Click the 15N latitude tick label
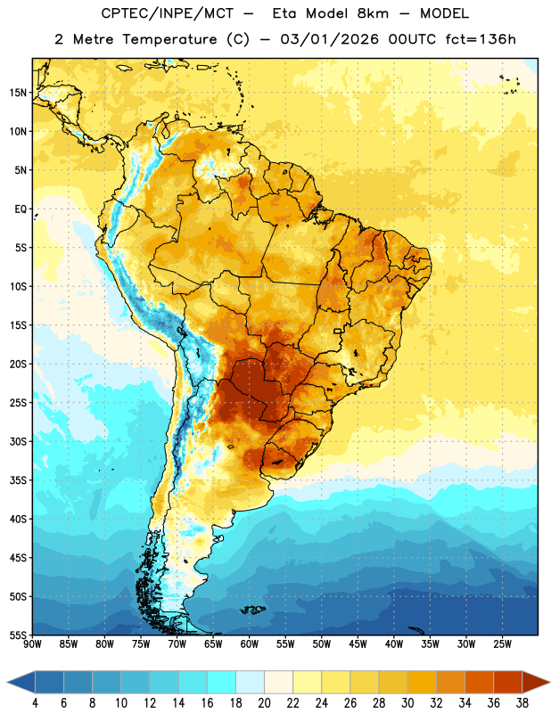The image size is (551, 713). point(18,93)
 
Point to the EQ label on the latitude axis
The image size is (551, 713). point(21,209)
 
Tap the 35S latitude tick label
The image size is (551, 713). point(18,480)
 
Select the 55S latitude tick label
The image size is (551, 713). point(18,635)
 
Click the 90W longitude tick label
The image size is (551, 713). point(32,643)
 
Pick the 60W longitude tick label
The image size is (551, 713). point(250,643)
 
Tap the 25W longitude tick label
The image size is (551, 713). point(502,643)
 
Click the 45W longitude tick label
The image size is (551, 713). point(358,643)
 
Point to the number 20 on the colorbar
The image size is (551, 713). point(264,702)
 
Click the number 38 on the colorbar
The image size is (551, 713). point(522,702)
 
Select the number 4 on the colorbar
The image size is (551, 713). point(35,702)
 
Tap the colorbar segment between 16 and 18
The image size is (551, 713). point(222,683)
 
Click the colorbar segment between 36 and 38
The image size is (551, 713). point(508,683)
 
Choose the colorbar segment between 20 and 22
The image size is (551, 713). point(279,683)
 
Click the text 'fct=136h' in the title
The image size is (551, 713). point(481,39)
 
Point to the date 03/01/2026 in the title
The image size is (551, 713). point(329,39)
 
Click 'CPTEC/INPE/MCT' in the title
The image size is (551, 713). point(167,13)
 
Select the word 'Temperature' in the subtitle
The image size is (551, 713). point(169,40)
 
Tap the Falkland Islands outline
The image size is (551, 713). point(253,610)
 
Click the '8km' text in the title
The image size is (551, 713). point(373,13)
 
